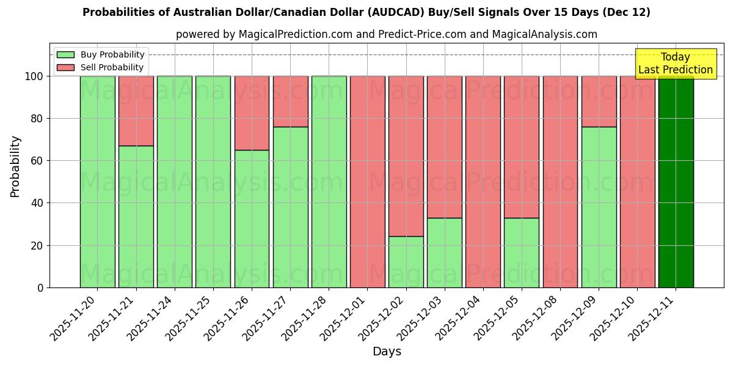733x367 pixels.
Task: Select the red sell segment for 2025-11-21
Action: click(x=136, y=111)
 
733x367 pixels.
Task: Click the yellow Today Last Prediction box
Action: click(x=675, y=64)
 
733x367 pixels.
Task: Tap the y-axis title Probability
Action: click(x=15, y=166)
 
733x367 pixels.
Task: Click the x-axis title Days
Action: click(x=387, y=352)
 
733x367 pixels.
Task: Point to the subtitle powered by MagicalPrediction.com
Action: click(x=386, y=34)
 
